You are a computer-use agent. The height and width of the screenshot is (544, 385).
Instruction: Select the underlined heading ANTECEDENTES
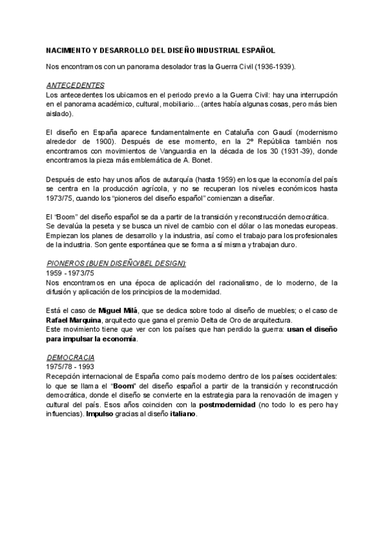pos(76,85)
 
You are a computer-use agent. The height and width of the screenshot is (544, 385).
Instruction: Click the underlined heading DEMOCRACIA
pos(71,356)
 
